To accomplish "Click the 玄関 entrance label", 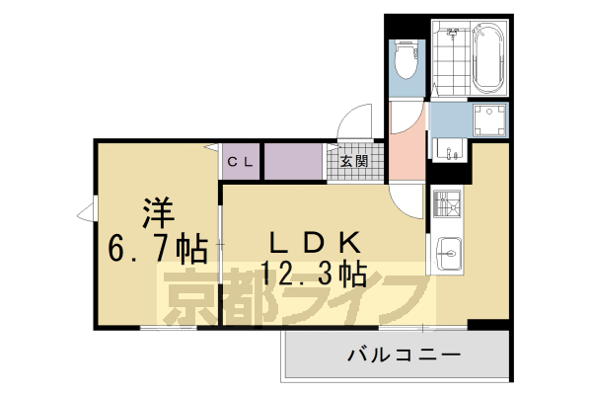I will pos(355,161).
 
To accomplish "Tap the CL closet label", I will pos(241,161).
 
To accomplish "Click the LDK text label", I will pos(307,240).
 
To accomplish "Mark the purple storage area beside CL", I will pos(292,160).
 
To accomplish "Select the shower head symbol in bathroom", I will pos(454,34).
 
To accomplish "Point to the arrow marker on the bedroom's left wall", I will pos(87,209).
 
